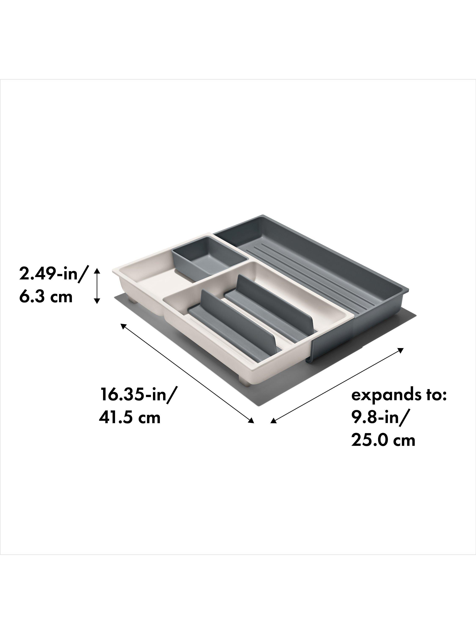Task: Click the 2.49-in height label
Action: (x=52, y=274)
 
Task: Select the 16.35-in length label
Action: (x=137, y=395)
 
